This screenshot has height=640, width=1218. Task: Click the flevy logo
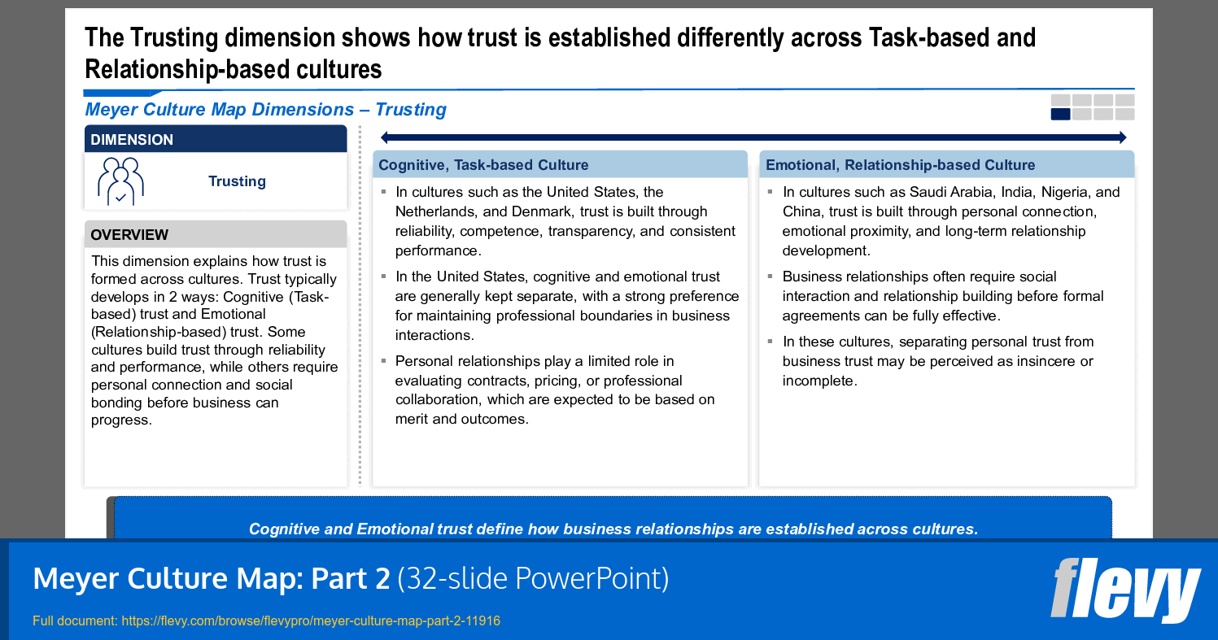pyautogui.click(x=1125, y=590)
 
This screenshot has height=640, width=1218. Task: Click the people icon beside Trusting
pyautogui.click(x=120, y=181)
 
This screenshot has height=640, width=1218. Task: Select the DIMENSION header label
pyautogui.click(x=132, y=140)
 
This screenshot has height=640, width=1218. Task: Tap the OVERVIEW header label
pyautogui.click(x=129, y=235)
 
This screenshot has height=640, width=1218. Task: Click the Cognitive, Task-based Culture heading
pyautogui.click(x=483, y=165)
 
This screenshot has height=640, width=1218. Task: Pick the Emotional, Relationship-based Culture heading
pyautogui.click(x=901, y=165)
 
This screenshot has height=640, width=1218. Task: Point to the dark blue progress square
pyautogui.click(x=1060, y=114)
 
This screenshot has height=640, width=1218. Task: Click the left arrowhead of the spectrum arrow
pyautogui.click(x=384, y=137)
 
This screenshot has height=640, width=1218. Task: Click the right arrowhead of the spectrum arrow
pyautogui.click(x=1123, y=137)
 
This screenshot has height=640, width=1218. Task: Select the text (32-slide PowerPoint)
pyautogui.click(x=533, y=579)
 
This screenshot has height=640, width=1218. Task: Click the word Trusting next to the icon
pyautogui.click(x=237, y=181)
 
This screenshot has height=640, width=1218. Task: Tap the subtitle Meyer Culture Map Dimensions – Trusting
pyautogui.click(x=266, y=110)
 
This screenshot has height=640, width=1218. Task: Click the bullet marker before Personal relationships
pyautogui.click(x=384, y=361)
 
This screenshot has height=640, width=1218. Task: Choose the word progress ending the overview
pyautogui.click(x=121, y=420)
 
